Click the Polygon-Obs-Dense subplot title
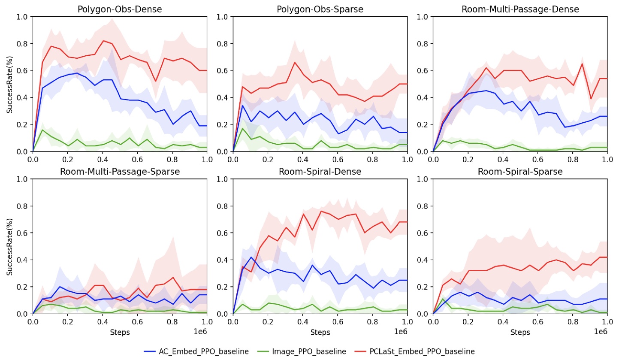tap(120, 9)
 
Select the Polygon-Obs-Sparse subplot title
tap(320, 9)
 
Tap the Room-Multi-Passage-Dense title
tap(520, 9)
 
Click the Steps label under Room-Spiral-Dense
tap(320, 332)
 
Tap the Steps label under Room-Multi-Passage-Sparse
tap(120, 332)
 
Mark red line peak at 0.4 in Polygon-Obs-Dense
tap(103, 41)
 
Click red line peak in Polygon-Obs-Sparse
tap(295, 62)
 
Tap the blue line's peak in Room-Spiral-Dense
tap(251, 257)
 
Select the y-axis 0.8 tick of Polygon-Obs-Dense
tap(23, 44)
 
